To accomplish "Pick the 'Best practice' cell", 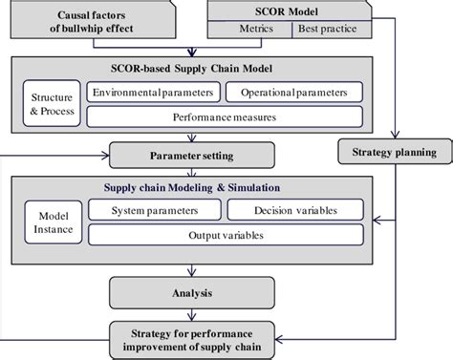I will click(x=330, y=30).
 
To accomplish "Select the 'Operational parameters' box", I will click(x=293, y=94).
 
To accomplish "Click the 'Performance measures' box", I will click(x=224, y=118).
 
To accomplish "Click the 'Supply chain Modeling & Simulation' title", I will click(x=191, y=187).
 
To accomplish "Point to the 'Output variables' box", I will click(x=224, y=236).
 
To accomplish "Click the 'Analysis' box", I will click(x=191, y=293).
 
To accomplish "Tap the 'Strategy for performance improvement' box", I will click(x=191, y=336).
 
